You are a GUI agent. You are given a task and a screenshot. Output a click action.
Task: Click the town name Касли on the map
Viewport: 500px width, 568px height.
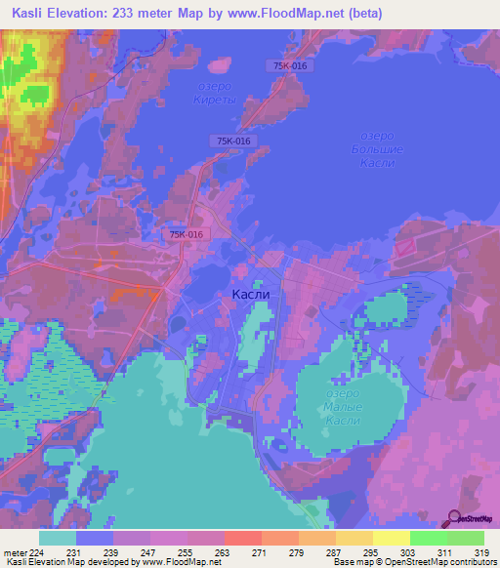click(251, 293)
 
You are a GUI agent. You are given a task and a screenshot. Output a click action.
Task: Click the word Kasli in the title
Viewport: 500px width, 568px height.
click(31, 13)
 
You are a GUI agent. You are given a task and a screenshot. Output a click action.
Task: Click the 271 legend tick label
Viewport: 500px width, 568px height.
click(231, 551)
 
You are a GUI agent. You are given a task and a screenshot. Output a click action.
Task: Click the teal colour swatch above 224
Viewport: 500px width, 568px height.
click(58, 538)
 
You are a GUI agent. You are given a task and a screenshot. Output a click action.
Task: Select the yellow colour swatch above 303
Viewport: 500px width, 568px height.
click(391, 538)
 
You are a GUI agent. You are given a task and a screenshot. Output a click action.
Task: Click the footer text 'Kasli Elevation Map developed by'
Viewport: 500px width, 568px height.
click(68, 562)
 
